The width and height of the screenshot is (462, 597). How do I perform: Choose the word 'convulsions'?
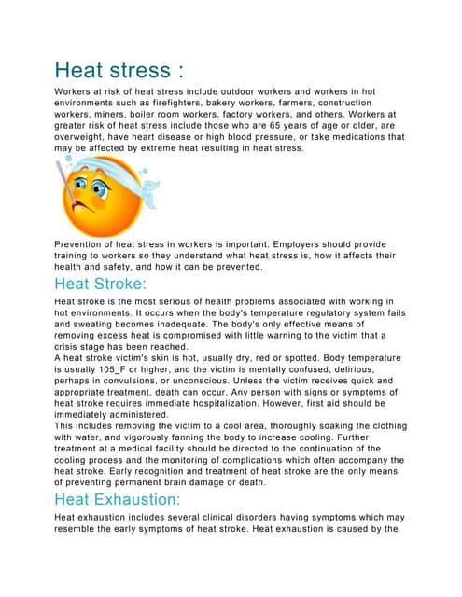(x=142, y=381)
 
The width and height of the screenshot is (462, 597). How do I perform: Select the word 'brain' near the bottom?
(x=225, y=482)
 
